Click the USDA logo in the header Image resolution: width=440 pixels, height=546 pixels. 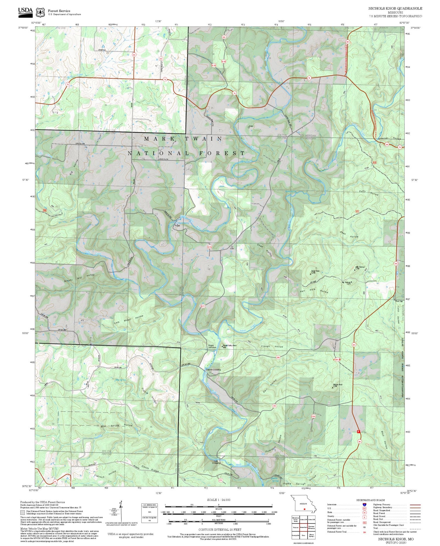point(25,11)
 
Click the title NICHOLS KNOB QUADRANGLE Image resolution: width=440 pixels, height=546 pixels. point(395,9)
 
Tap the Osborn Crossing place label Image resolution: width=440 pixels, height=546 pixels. point(213,369)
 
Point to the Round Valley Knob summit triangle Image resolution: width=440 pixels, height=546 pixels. point(222,346)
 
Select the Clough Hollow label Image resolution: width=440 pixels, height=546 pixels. point(272,346)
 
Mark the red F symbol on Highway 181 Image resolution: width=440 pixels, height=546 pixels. point(358,432)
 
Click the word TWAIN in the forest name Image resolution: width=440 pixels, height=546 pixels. point(204,138)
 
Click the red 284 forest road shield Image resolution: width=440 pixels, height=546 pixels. point(278,357)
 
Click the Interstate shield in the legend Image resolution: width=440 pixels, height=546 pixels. point(364,504)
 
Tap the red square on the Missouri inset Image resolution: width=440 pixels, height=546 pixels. point(305,509)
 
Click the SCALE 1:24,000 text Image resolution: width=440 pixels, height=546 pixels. point(219,500)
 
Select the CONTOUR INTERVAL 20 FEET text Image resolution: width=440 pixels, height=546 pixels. point(220,530)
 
